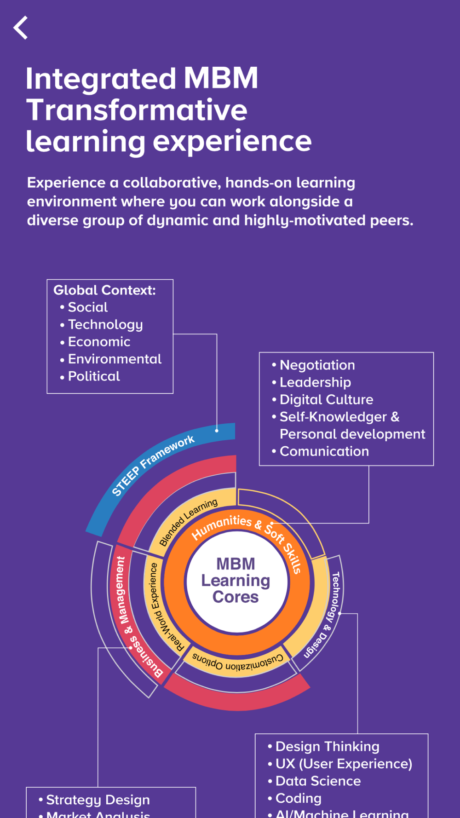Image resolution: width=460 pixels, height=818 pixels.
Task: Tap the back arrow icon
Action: click(x=21, y=28)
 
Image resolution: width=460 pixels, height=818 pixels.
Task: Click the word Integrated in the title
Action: click(x=100, y=79)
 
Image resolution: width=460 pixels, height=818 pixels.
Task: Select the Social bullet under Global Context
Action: click(x=87, y=307)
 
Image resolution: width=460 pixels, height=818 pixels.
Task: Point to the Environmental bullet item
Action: click(x=115, y=359)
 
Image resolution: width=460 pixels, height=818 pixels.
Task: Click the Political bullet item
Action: click(x=94, y=376)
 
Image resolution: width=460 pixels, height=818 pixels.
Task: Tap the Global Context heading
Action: click(x=104, y=290)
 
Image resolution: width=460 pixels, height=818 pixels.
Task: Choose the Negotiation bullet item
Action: click(x=317, y=365)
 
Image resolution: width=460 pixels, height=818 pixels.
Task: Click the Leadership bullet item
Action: click(x=315, y=382)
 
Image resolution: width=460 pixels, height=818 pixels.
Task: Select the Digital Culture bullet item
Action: click(x=326, y=399)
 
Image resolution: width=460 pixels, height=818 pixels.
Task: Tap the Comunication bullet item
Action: click(x=324, y=451)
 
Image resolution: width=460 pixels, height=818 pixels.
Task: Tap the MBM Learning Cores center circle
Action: click(x=236, y=581)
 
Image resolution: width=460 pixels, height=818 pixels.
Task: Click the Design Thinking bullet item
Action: click(x=327, y=746)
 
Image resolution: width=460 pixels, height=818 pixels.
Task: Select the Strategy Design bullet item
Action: click(x=98, y=800)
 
